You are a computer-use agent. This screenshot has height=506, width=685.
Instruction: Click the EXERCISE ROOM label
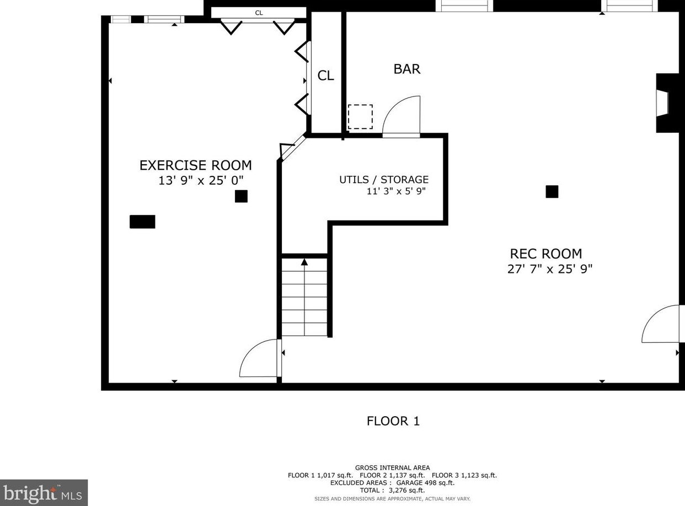point(195,165)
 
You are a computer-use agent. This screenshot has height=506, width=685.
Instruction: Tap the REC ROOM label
point(545,254)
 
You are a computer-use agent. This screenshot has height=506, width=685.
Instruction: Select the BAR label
point(406,69)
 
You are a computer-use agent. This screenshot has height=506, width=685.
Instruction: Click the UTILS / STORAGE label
point(384,179)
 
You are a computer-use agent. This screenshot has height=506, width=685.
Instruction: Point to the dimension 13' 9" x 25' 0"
point(201,180)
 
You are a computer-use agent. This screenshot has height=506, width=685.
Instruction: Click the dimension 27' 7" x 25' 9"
point(550,269)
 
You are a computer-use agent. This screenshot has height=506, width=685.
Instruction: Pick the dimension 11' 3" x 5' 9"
point(396,191)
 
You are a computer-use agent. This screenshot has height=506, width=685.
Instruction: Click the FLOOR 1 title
point(393,421)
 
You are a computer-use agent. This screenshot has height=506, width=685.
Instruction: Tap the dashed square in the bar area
point(360,117)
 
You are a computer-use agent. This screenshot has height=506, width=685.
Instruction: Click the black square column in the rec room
point(552,191)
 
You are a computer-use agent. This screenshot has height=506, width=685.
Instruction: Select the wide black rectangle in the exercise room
point(142,222)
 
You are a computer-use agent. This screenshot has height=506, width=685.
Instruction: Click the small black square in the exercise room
point(241,196)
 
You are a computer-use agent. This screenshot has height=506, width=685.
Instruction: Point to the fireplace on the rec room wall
point(667,103)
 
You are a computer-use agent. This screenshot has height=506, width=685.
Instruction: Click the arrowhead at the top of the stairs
point(304,262)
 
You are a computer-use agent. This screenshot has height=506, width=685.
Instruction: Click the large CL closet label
point(326,76)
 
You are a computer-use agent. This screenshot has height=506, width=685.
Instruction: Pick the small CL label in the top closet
point(259,13)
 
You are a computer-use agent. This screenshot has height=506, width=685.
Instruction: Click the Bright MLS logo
point(44,493)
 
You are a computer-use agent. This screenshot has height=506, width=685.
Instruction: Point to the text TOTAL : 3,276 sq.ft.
point(392,490)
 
